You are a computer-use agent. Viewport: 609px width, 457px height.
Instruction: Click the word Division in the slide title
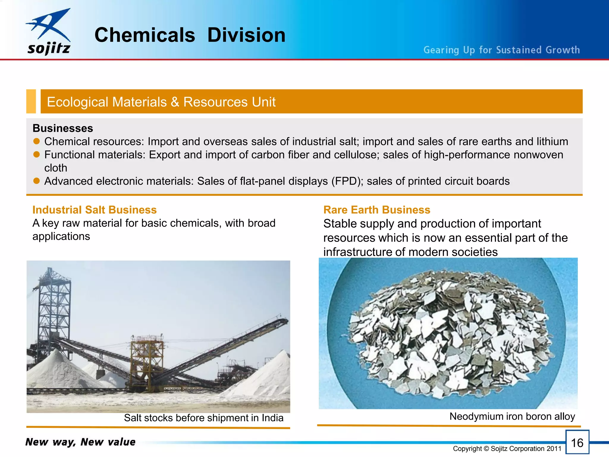click(246, 35)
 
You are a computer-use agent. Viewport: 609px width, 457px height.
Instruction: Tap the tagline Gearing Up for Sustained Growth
click(502, 50)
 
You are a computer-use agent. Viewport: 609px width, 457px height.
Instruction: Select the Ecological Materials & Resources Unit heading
click(161, 102)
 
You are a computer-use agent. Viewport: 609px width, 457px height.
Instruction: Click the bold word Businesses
click(63, 128)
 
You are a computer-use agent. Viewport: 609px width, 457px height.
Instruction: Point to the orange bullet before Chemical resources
click(37, 141)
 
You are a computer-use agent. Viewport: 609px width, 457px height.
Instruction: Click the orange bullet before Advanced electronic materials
click(37, 181)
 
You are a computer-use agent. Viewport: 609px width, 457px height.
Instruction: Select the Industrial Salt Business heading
click(95, 210)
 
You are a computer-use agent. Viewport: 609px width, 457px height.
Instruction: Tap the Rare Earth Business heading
click(377, 210)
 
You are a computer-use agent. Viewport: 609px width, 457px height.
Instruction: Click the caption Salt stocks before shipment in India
click(204, 418)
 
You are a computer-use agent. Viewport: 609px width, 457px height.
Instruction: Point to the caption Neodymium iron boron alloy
click(512, 416)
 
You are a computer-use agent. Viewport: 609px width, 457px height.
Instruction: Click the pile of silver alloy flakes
click(449, 333)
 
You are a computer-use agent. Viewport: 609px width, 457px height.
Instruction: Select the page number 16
click(577, 443)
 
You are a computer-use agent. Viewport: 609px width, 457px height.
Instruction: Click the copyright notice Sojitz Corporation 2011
click(507, 449)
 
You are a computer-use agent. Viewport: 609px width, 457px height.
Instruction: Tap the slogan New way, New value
click(80, 442)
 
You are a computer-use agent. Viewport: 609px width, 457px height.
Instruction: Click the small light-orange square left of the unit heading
click(31, 101)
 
